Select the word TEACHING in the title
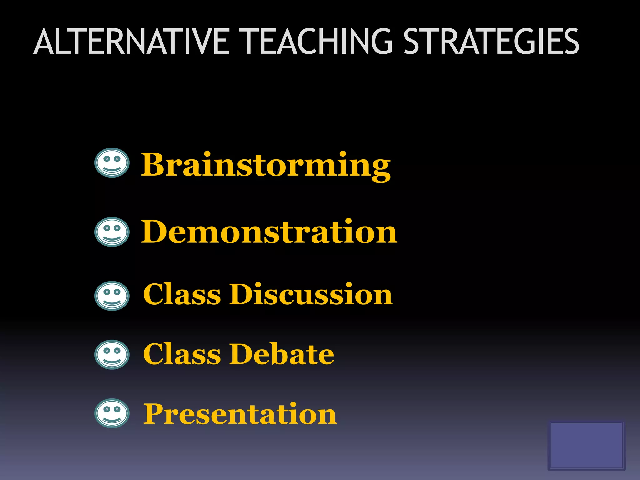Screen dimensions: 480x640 [x=317, y=42]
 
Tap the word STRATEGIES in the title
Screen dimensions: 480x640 [x=492, y=42]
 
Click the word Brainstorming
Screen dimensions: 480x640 [x=266, y=165]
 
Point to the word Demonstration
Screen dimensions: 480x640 [x=269, y=232]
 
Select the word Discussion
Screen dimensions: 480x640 [x=311, y=294]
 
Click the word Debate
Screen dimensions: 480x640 [x=282, y=354]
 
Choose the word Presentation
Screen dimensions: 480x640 [x=240, y=414]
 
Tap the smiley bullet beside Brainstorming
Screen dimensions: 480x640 [x=112, y=163]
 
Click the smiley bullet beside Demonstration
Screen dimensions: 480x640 [x=112, y=232]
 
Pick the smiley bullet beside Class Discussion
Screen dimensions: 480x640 [x=112, y=296]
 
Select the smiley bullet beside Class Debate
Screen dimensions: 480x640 [x=112, y=355]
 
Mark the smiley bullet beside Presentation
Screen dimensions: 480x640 [x=112, y=413]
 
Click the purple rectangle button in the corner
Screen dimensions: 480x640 [x=586, y=445]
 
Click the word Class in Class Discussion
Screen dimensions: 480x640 [x=182, y=294]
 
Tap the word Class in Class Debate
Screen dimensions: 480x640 [x=182, y=354]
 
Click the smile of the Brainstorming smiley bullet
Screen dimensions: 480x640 [x=112, y=170]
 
